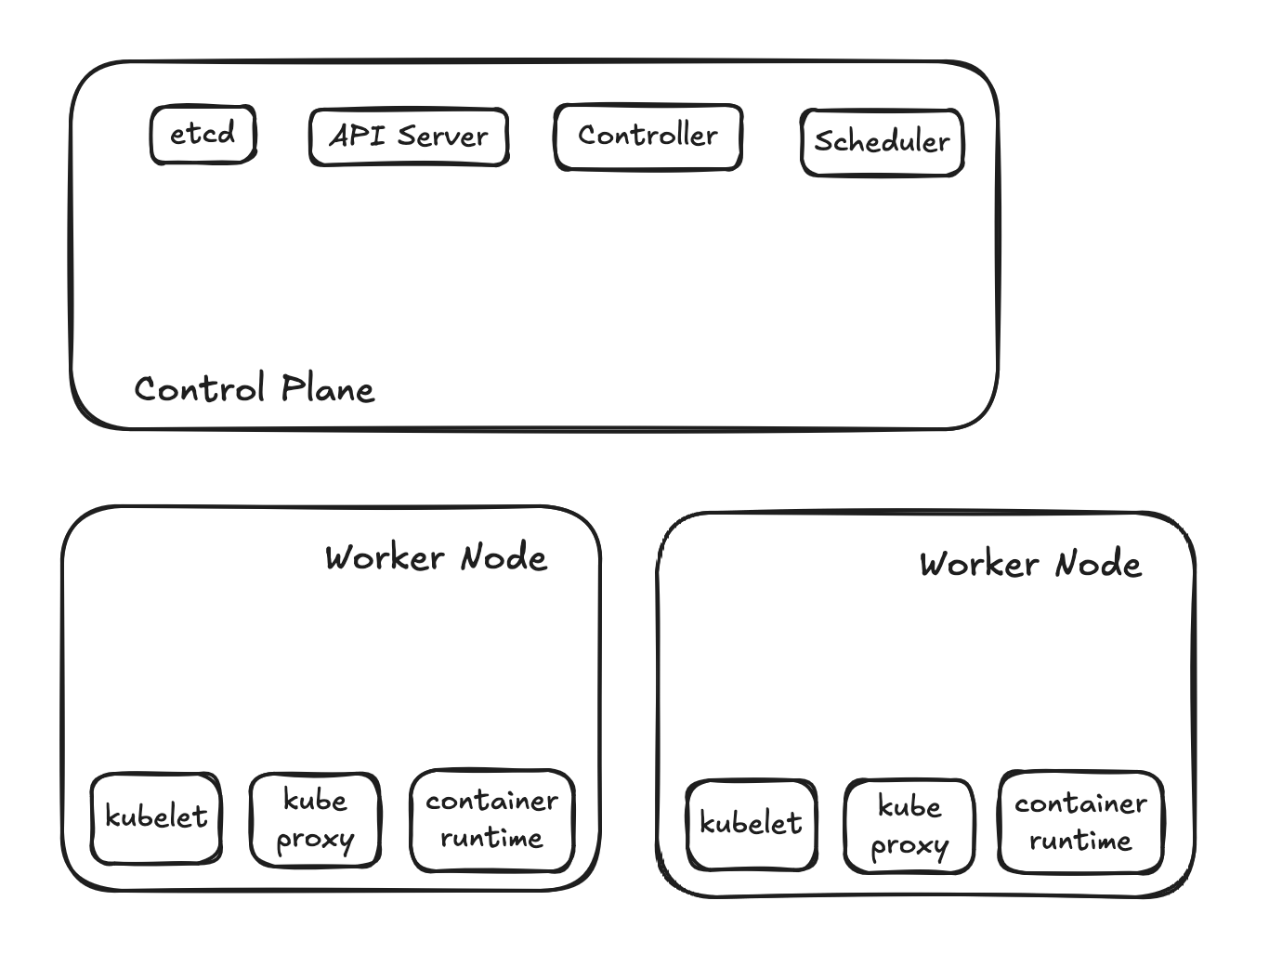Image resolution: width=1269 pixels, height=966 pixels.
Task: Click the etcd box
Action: (x=203, y=136)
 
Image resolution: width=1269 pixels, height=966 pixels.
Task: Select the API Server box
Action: (x=409, y=137)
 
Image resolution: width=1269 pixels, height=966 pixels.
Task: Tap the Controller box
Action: (x=648, y=137)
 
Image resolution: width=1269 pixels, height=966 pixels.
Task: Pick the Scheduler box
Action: (x=882, y=142)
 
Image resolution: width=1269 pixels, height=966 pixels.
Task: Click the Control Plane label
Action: (x=255, y=389)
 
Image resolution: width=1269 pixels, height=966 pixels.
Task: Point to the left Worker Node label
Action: (x=436, y=558)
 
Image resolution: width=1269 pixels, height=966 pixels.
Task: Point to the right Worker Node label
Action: (x=1030, y=565)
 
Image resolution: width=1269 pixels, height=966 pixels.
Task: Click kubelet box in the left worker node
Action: (x=156, y=818)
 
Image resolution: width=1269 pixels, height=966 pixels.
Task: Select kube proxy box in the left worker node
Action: (x=315, y=820)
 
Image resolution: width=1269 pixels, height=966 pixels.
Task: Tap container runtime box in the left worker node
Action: (x=491, y=820)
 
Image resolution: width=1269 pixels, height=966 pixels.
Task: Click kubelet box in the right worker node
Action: (x=751, y=825)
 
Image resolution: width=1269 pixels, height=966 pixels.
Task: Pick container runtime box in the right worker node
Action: (x=1080, y=823)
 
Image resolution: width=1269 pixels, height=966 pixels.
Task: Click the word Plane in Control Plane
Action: (x=328, y=389)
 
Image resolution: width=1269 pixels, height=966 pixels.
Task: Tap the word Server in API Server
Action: (x=442, y=137)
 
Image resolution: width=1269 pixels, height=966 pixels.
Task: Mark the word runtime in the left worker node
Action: (x=491, y=839)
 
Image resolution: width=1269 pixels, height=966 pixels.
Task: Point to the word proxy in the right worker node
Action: (x=909, y=846)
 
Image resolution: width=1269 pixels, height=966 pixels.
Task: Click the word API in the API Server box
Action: (x=351, y=137)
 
